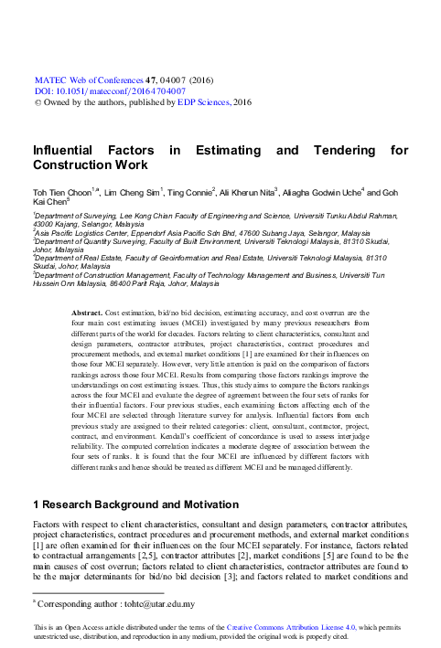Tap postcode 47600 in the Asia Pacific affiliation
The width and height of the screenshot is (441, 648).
[x=233, y=234]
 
